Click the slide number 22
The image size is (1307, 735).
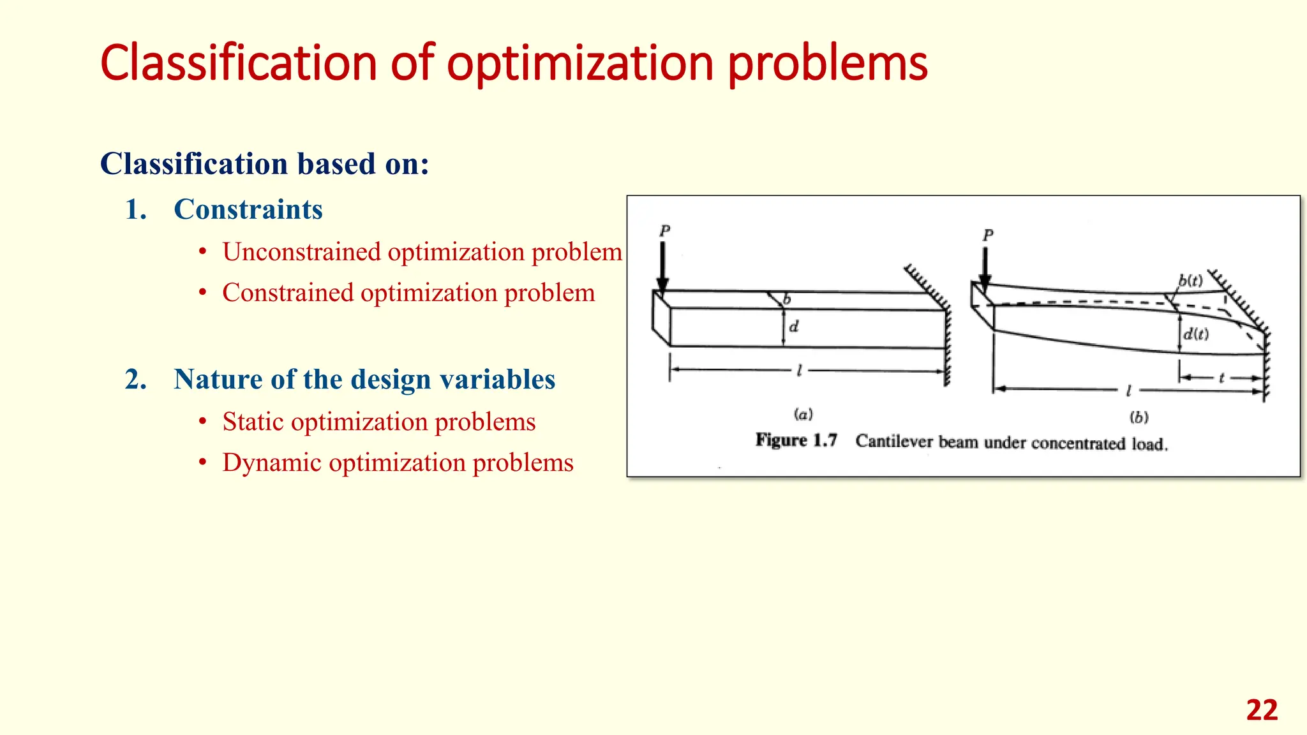pyautogui.click(x=1262, y=710)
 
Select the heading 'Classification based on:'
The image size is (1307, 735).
pyautogui.click(x=264, y=164)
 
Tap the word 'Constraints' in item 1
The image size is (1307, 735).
pyautogui.click(x=248, y=209)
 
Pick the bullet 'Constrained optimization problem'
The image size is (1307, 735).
pyautogui.click(x=408, y=293)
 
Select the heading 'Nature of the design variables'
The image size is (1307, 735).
pyautogui.click(x=364, y=379)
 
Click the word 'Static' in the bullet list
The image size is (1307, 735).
pyautogui.click(x=253, y=422)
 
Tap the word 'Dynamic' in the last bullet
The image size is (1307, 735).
pyautogui.click(x=271, y=463)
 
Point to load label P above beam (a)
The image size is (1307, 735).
pyautogui.click(x=665, y=230)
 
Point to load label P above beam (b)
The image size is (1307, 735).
pyautogui.click(x=988, y=235)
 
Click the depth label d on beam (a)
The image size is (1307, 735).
pyautogui.click(x=794, y=327)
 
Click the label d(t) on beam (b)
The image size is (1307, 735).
pyautogui.click(x=1196, y=334)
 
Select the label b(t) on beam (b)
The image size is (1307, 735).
pyautogui.click(x=1190, y=280)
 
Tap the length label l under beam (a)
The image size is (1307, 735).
pyautogui.click(x=799, y=370)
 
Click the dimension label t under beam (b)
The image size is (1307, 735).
pyautogui.click(x=1221, y=378)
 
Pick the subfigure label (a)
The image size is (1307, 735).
pyautogui.click(x=803, y=415)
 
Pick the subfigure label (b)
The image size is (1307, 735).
pyautogui.click(x=1139, y=417)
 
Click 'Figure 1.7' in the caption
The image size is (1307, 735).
pyautogui.click(x=796, y=440)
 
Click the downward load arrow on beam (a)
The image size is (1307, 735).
pyautogui.click(x=662, y=268)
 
